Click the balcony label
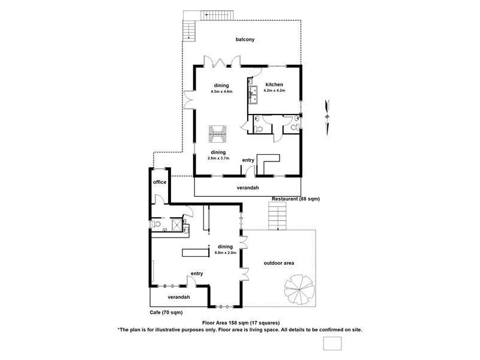tap(245, 40)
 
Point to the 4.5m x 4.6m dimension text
tap(220, 92)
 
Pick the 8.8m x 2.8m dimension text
tap(226, 253)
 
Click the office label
tap(160, 182)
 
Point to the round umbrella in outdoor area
tap(296, 289)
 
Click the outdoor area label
tap(278, 263)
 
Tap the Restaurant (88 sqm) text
tap(296, 199)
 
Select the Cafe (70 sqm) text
tap(166, 313)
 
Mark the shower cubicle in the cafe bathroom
tap(177, 224)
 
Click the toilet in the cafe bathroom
tap(157, 224)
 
